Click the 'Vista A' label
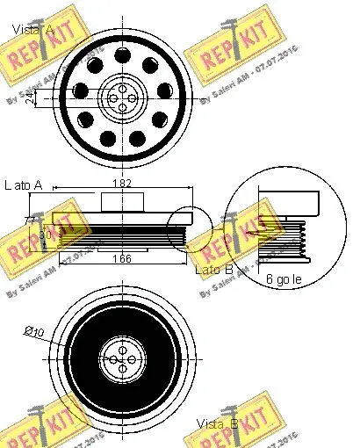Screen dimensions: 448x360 (32, 31)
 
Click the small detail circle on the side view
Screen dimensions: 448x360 (189, 229)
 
